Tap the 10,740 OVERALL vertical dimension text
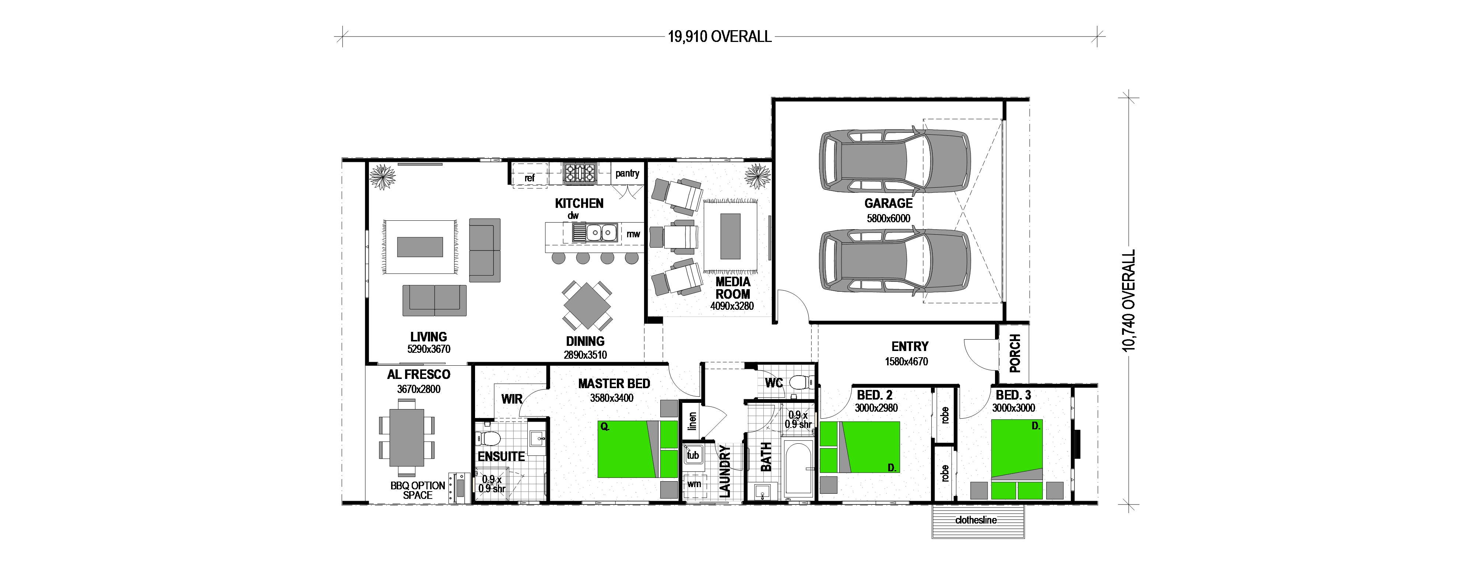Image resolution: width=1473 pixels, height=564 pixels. click(1129, 301)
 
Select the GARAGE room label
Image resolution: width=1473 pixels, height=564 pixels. click(888, 203)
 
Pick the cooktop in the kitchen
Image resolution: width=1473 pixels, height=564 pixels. click(580, 173)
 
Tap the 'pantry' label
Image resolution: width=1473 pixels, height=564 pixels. click(627, 173)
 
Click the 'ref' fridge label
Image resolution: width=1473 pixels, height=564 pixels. click(530, 178)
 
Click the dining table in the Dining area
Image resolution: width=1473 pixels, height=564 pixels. click(587, 306)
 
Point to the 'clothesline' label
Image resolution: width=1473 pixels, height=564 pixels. click(976, 520)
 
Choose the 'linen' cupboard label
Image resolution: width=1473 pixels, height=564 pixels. click(692, 421)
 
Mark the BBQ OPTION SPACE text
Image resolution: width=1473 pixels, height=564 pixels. click(418, 490)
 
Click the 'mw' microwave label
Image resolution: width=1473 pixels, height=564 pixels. click(633, 234)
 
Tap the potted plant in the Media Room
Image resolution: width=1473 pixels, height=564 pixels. click(757, 177)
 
